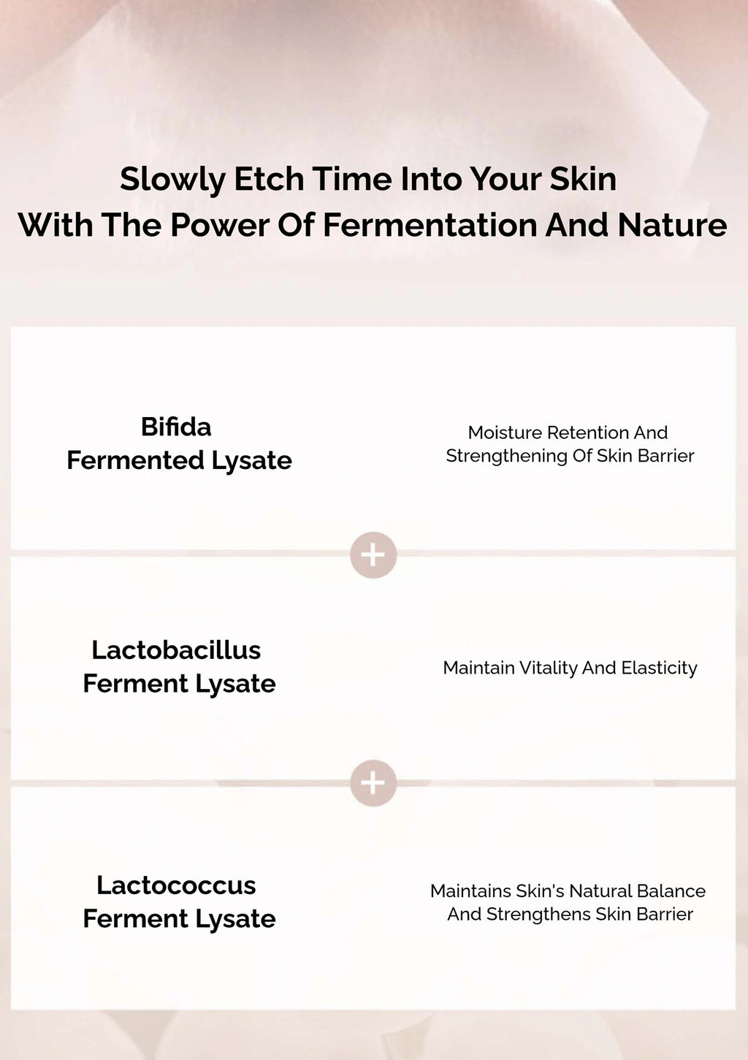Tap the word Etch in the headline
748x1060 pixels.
(269, 179)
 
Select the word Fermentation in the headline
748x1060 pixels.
(430, 224)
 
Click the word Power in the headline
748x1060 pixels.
(220, 224)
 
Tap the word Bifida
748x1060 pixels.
(176, 427)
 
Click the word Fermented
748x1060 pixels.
(135, 460)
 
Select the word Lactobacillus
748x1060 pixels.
(176, 649)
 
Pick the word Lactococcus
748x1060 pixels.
(176, 885)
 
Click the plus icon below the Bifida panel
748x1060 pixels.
(373, 554)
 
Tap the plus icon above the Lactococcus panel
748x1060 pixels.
(373, 782)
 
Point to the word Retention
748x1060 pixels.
(588, 432)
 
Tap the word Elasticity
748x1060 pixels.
(659, 668)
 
